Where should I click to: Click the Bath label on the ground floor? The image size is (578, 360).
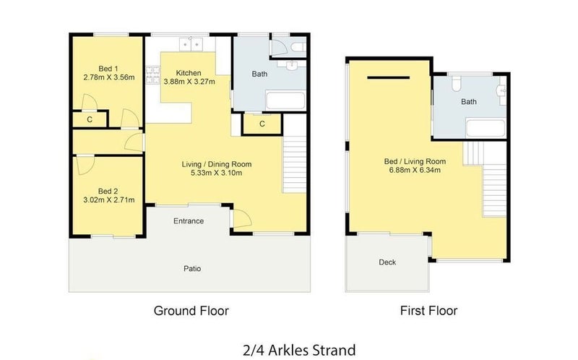(259, 74)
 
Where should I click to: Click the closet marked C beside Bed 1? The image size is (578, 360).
(89, 120)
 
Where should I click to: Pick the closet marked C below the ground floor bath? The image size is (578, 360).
(262, 124)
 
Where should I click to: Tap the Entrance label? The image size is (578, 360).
(189, 220)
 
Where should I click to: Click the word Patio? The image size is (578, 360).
(191, 268)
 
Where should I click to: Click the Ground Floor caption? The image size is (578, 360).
(191, 311)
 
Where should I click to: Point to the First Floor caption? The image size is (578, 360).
(428, 311)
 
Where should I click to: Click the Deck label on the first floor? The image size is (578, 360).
(387, 262)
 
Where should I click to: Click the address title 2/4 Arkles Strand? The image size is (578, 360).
(298, 351)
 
